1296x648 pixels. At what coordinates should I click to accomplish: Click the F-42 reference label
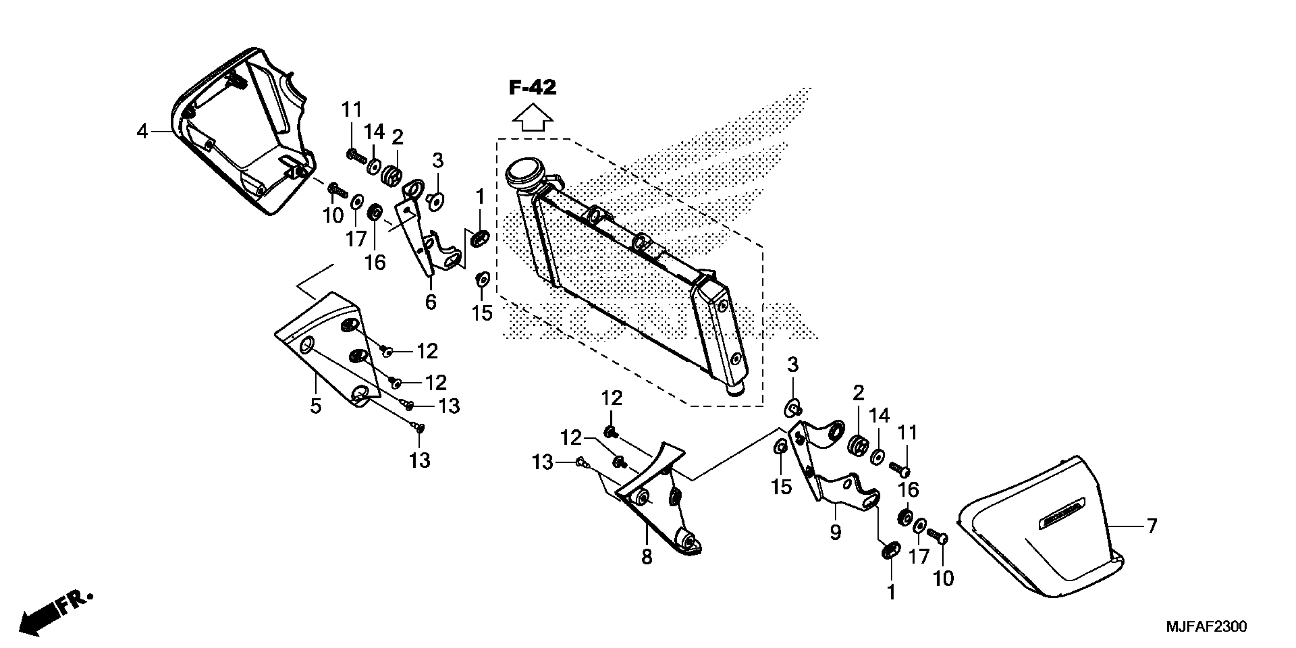pos(532,88)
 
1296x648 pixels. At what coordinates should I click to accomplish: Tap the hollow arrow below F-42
pos(532,118)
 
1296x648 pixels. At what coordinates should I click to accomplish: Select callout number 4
pos(143,132)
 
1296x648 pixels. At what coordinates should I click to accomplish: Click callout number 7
pos(1151,527)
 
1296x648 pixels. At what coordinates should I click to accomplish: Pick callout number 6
pos(431,302)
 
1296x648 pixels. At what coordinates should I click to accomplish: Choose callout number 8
pos(646,557)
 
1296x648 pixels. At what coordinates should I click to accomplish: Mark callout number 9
pos(835,532)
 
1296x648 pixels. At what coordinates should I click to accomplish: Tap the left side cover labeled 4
pos(242,136)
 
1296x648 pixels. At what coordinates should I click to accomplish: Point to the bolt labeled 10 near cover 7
pos(937,535)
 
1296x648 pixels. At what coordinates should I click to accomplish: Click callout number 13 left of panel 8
pos(543,462)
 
